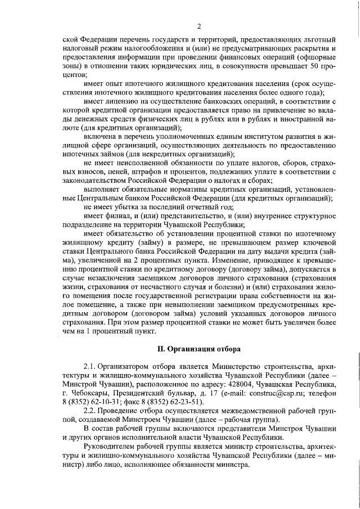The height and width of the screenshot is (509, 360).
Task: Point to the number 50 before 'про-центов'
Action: point(315,66)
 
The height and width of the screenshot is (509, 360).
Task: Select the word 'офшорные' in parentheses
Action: point(319,57)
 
